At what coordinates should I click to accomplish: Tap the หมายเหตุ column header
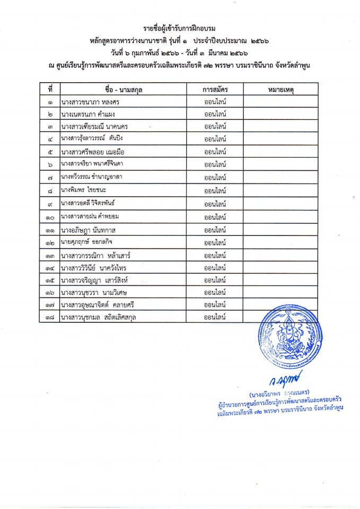280,89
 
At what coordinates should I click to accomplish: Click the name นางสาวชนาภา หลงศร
89,102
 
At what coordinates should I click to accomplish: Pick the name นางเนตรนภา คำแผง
88,114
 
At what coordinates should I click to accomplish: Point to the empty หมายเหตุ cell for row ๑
280,102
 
